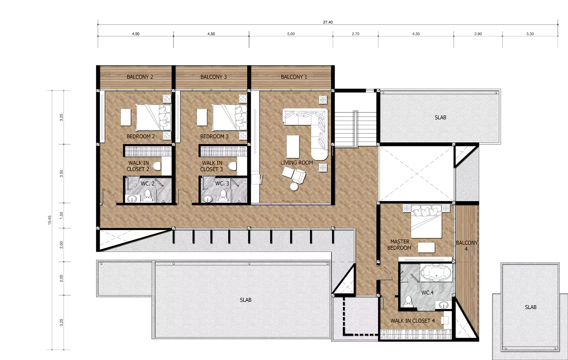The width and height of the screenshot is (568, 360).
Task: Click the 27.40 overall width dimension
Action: coord(328,22)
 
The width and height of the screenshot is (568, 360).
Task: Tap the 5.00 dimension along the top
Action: coord(291,34)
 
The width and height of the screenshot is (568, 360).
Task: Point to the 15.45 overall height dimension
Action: coord(50,220)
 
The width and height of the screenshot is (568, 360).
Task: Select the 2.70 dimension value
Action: coord(355,34)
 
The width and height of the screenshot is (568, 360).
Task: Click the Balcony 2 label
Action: coord(140,77)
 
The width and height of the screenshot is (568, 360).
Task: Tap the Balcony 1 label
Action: coord(294,77)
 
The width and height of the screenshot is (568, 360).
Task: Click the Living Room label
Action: coord(297,163)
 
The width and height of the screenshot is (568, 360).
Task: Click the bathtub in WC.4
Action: coord(436,272)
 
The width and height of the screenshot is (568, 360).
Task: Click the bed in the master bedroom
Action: coord(426,221)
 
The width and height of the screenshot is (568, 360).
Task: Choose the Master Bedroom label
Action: coord(399,245)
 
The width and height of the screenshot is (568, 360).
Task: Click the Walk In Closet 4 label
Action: coord(413,321)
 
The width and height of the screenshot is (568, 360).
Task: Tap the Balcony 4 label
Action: coord(467,246)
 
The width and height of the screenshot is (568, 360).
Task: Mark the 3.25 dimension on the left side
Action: coord(61,323)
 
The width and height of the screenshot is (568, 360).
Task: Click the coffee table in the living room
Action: coord(293,146)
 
